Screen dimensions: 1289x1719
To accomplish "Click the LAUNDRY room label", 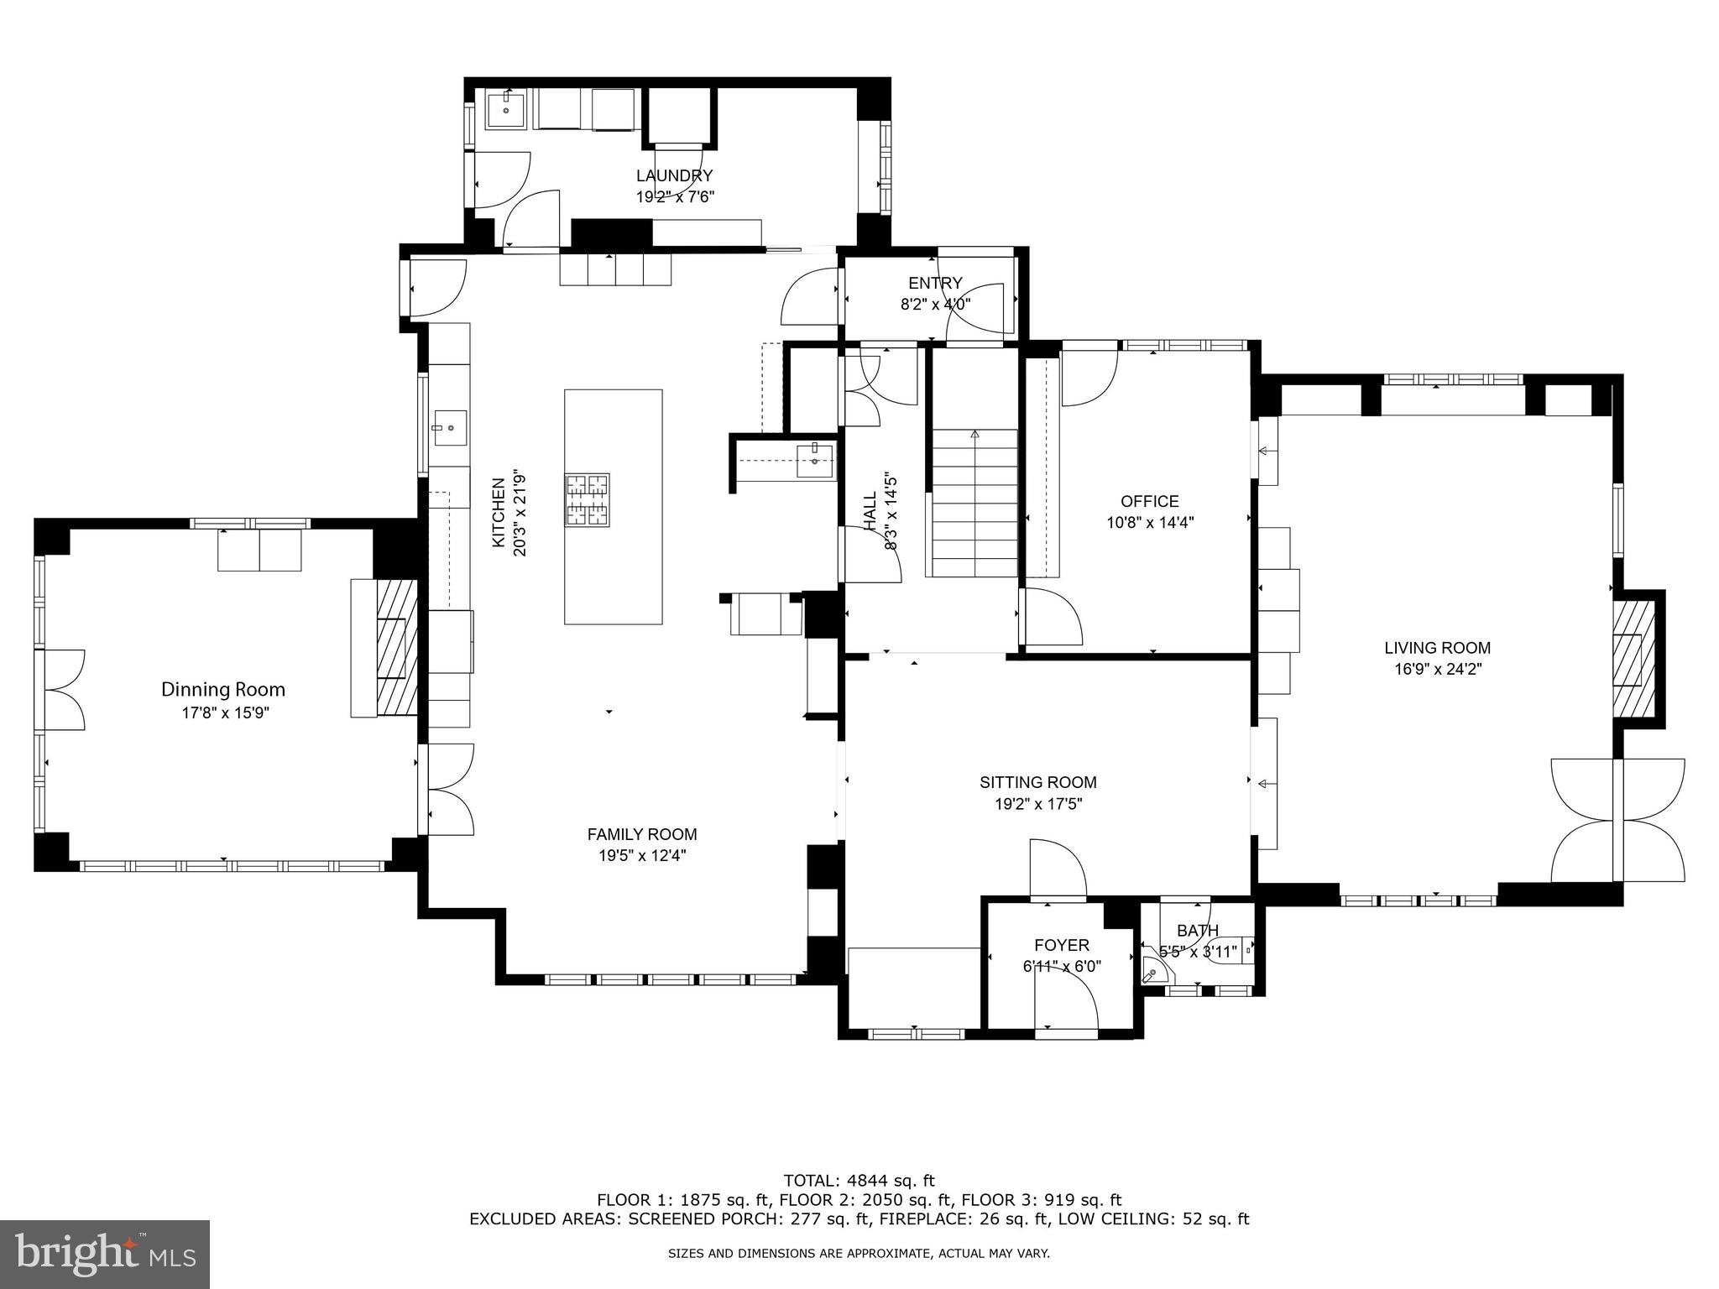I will pos(674,175).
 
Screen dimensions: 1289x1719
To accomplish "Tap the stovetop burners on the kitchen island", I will pos(588,500).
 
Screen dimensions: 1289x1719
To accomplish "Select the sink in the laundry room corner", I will pos(506,111).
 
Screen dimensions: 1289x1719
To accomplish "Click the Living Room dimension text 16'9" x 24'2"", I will pos(1437,670).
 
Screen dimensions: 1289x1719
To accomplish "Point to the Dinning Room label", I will pos(223,690).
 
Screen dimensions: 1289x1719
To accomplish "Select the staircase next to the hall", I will pos(974,504).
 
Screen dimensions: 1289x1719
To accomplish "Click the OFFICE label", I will pos(1149,501).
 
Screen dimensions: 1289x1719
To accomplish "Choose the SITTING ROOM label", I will pos(1037,782).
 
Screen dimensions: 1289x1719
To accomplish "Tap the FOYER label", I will pos(1061,945).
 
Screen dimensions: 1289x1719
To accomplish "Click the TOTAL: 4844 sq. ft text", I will pos(859,1181).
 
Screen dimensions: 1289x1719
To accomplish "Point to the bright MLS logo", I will pos(105,1255).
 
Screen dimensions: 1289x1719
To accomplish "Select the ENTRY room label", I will pos(934,283).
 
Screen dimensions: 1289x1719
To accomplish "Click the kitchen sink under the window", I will pos(450,428).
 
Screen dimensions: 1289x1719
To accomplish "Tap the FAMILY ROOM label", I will pos(641,834).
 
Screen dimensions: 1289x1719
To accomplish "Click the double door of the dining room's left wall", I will pos(63,689).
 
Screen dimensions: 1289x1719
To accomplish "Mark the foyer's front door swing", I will pos(1068,1003).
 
